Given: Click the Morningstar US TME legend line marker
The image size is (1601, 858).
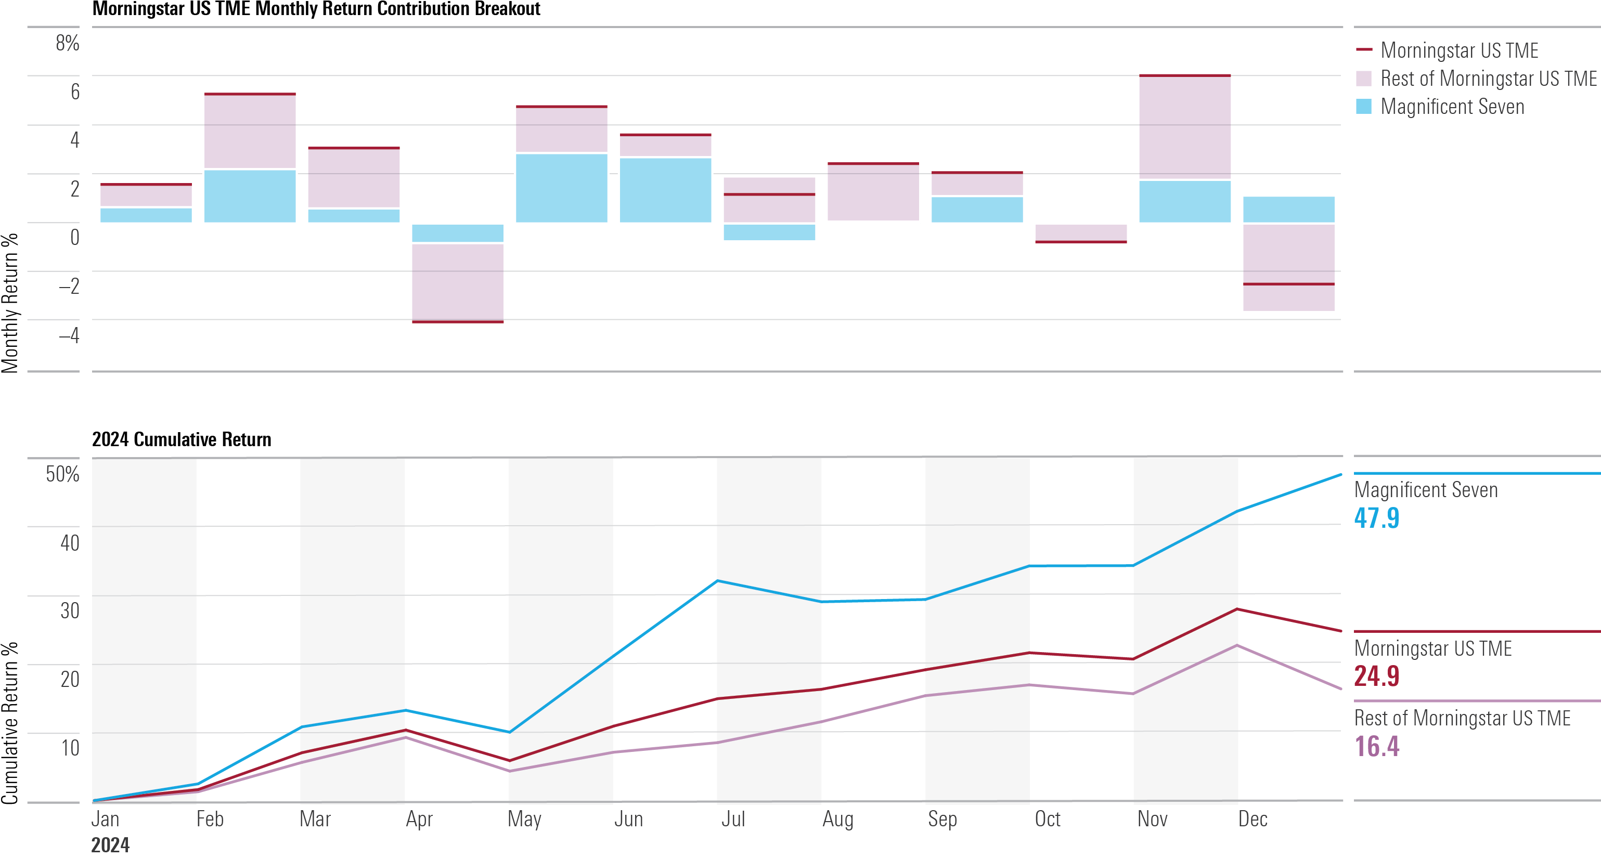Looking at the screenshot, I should pyautogui.click(x=1364, y=49).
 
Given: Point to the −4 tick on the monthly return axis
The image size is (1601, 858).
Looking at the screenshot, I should pyautogui.click(x=69, y=335).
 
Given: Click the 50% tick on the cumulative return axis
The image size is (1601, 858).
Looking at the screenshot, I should pyautogui.click(x=62, y=474).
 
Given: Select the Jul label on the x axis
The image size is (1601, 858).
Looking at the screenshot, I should pyautogui.click(x=733, y=819).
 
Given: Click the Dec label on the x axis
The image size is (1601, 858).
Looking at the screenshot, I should pyautogui.click(x=1253, y=819).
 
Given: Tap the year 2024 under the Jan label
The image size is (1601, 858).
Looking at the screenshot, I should pyautogui.click(x=110, y=845).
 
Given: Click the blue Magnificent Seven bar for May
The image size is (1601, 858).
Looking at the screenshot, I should pyautogui.click(x=561, y=188).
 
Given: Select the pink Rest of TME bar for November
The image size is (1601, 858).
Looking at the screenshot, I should pyautogui.click(x=1184, y=127).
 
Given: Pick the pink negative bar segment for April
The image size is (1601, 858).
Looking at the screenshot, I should pyautogui.click(x=457, y=281).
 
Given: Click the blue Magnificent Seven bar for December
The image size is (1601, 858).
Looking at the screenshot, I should pyautogui.click(x=1288, y=210).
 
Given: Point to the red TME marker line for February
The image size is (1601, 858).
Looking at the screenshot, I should pyautogui.click(x=250, y=94).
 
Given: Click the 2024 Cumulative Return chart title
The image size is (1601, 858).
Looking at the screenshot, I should pyautogui.click(x=182, y=439).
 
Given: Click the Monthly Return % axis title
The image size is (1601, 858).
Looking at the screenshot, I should pyautogui.click(x=10, y=303).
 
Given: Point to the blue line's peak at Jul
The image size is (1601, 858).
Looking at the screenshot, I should pyautogui.click(x=717, y=581).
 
